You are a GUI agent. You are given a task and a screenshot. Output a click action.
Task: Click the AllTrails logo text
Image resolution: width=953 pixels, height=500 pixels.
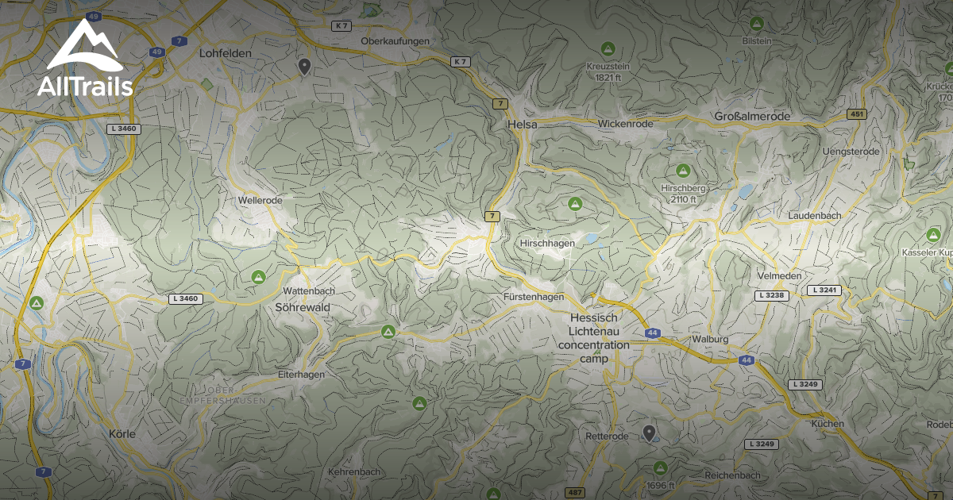pos(85,86)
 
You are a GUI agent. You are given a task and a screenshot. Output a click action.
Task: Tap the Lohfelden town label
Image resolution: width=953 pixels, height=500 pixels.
pos(226,53)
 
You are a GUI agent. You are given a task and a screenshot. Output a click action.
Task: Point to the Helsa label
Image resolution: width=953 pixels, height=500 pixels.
pos(523,125)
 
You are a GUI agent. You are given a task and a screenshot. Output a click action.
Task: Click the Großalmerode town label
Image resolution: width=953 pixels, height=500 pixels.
pos(752,117)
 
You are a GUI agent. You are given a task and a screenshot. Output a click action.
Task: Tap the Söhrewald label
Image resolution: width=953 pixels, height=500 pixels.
pos(303,306)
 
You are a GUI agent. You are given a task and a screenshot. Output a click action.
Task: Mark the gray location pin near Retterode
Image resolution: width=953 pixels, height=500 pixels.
pos(649,433)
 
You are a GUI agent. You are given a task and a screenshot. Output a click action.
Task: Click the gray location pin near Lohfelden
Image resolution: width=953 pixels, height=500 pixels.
pos(303,67)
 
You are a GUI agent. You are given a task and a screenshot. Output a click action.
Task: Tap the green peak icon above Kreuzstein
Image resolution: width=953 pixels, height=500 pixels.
pos(608,48)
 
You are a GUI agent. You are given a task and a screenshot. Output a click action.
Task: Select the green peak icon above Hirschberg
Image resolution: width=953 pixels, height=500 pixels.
pos(682,171)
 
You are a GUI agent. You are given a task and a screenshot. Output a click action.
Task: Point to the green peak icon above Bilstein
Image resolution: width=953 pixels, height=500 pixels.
pos(756,24)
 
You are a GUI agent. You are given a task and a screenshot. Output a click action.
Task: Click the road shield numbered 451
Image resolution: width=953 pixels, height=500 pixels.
pos(856,114)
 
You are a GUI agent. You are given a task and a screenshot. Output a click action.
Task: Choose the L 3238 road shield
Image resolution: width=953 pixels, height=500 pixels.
pos(770,295)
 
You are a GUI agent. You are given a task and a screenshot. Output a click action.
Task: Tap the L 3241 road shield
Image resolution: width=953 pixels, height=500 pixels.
pos(824,290)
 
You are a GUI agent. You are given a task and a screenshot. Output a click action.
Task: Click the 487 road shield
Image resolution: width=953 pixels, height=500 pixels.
pos(575,493)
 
